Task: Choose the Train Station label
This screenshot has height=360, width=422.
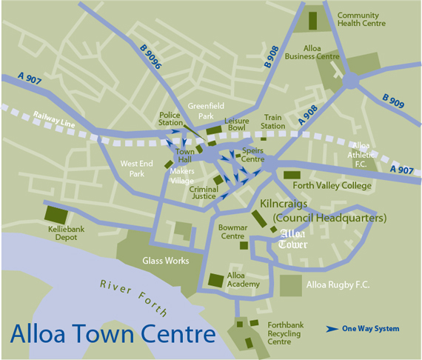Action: coord(273,121)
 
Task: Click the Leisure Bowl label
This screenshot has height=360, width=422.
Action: coord(237,124)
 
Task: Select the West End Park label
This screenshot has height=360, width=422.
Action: coord(137,167)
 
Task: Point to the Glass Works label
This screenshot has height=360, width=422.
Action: coord(166,261)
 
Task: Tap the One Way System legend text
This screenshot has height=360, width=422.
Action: coord(370,329)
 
